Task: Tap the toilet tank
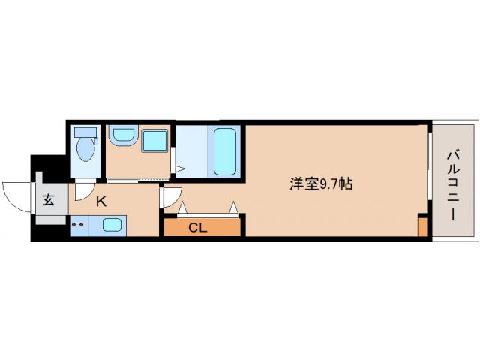tap(86, 133)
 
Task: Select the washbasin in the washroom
tap(121, 136)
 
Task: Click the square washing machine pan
tap(155, 142)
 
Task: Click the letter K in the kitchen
tap(99, 200)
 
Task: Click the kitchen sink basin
tap(113, 225)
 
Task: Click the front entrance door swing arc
tap(16, 196)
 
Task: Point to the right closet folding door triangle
tap(235, 206)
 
